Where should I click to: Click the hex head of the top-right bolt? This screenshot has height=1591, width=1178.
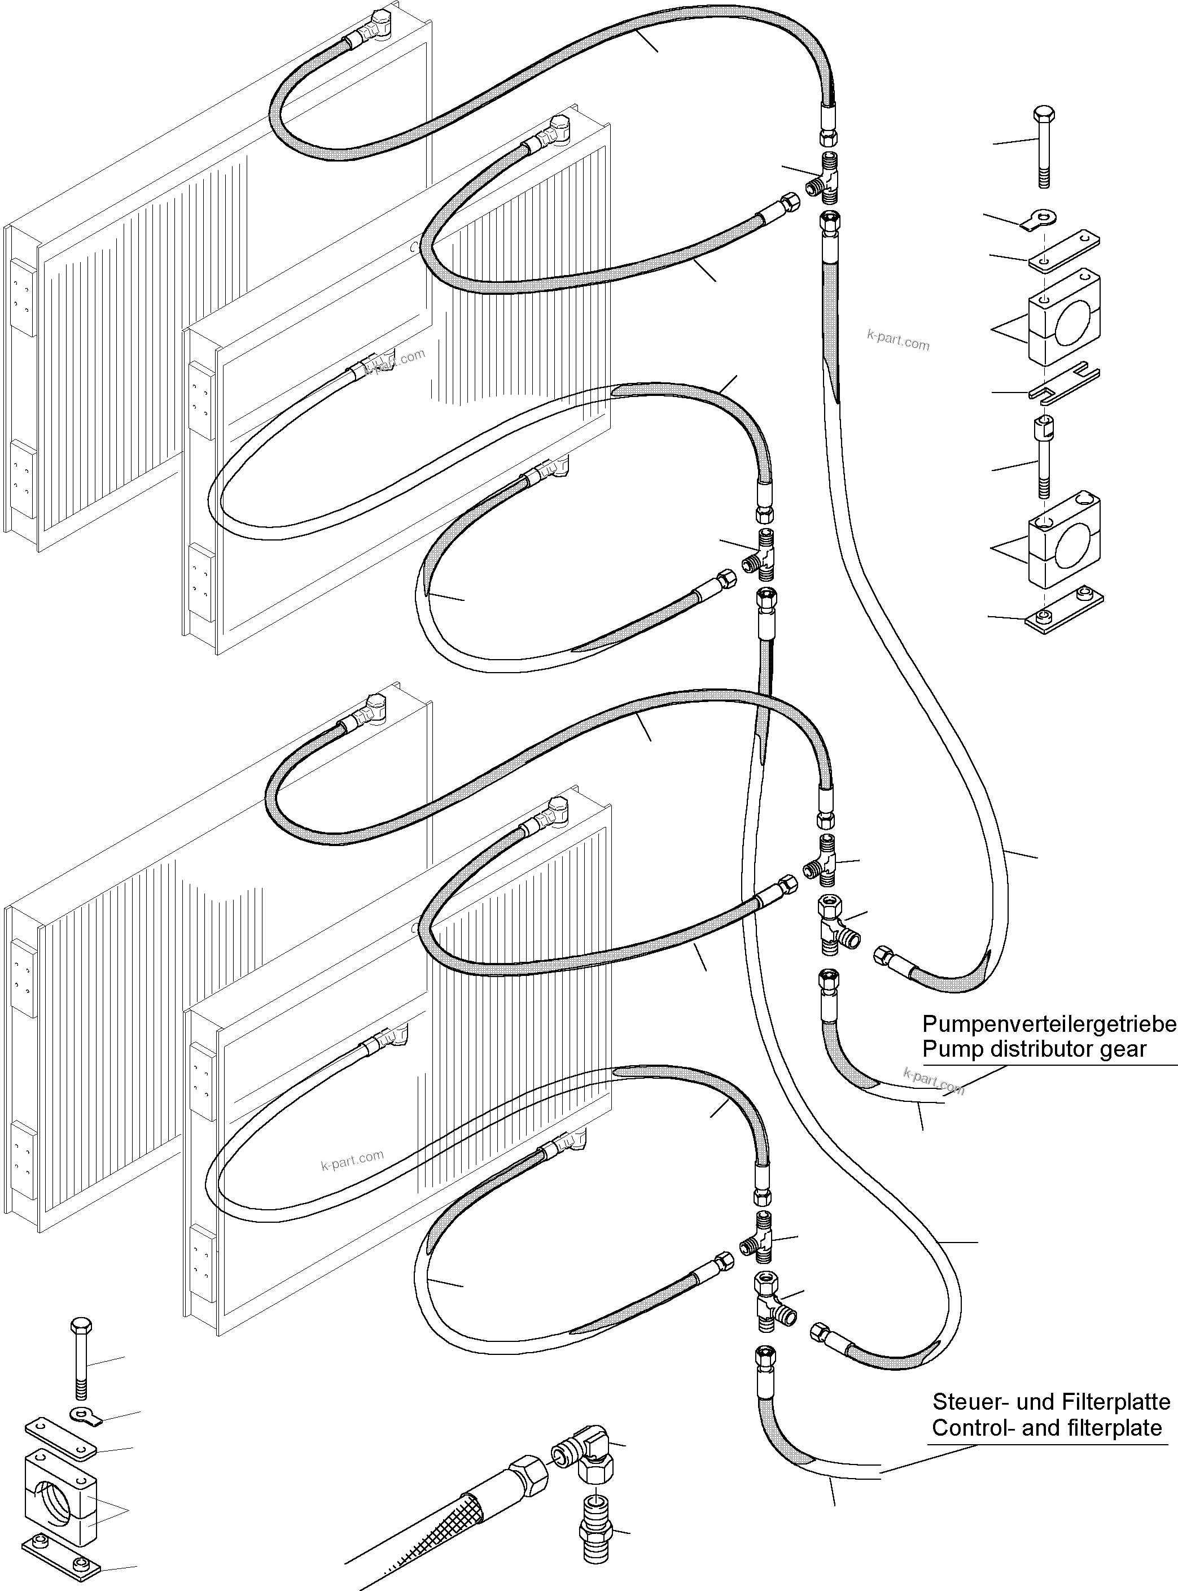(x=1043, y=114)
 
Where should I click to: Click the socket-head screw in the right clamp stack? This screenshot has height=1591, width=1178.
(x=1043, y=456)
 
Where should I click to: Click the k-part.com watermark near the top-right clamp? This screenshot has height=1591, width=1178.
(x=898, y=341)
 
